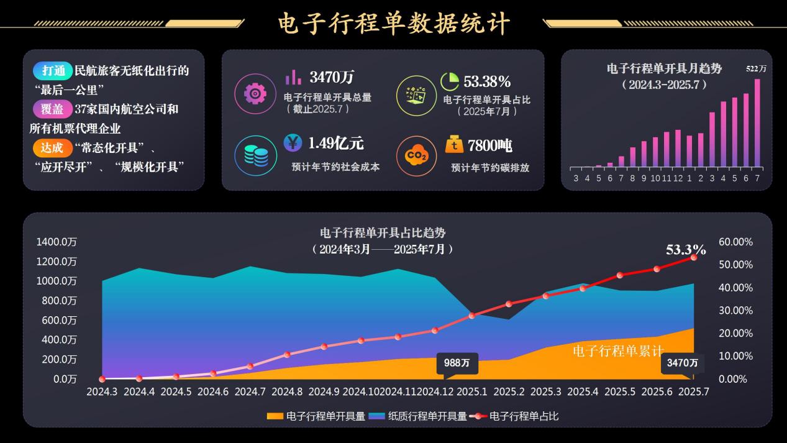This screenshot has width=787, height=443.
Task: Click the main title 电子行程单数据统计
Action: [x=394, y=24]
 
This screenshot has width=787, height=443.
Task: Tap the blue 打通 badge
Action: [x=52, y=71]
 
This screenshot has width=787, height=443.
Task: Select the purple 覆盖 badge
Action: [x=52, y=109]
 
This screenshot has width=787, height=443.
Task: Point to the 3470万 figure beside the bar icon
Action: [x=332, y=78]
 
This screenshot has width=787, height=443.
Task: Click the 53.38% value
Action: [x=487, y=81]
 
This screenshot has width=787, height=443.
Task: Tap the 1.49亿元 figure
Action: [x=336, y=144]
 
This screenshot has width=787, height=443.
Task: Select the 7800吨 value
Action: [x=490, y=145]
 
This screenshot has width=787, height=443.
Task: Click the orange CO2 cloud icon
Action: [x=416, y=156]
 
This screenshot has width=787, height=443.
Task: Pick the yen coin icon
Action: [x=293, y=143]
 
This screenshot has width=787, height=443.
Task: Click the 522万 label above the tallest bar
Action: [x=756, y=69]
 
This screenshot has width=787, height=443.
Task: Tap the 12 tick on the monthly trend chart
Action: [x=678, y=179]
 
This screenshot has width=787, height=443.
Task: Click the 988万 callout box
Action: [x=457, y=363]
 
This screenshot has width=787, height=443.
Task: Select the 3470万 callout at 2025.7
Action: [x=682, y=363]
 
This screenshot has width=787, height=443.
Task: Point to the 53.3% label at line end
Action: [x=686, y=250]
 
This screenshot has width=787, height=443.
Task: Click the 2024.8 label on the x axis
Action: [x=287, y=392]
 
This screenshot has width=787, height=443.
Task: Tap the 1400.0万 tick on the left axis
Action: [x=57, y=242]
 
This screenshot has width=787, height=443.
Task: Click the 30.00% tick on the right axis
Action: [x=735, y=311]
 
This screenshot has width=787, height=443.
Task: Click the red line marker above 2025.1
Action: [x=472, y=316]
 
